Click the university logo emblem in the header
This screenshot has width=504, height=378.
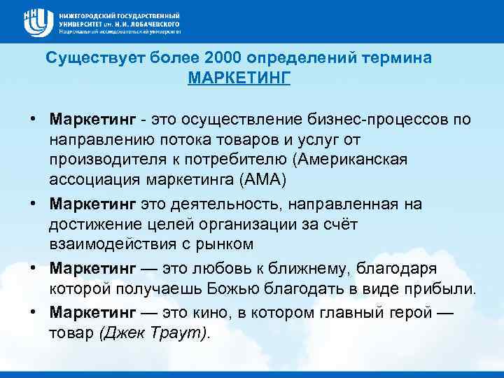click(x=36, y=22)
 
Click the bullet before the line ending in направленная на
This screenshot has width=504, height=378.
click(x=34, y=204)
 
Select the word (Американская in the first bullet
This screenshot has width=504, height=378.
click(x=352, y=160)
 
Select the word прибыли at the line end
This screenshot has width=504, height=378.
click(x=441, y=289)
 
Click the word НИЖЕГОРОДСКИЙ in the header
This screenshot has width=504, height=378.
click(x=91, y=14)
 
